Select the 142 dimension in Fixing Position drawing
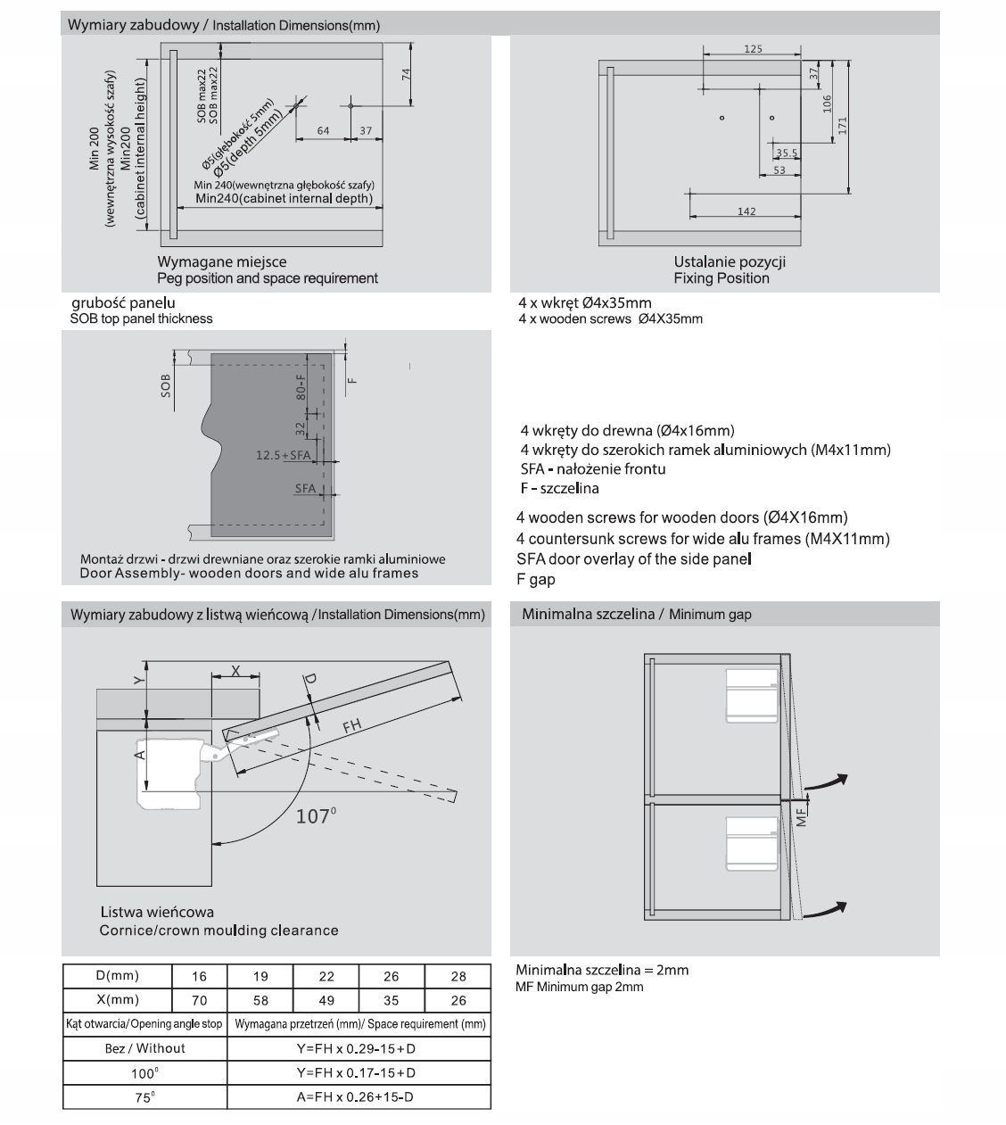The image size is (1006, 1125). coord(746,211)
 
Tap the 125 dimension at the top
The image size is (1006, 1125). coord(753,50)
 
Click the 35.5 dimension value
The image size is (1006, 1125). coord(787,153)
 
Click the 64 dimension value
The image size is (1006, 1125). coord(323,131)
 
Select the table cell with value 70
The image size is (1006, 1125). coord(199,1001)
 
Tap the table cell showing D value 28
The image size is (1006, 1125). coord(458,977)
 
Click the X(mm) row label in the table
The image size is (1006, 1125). coord(117,1000)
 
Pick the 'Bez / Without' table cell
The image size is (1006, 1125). coord(144,1048)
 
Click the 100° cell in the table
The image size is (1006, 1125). coord(144,1073)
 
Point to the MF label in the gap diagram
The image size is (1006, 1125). coord(801,815)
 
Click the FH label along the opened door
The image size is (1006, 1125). coord(352,726)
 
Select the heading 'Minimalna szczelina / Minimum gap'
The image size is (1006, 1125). coord(637,615)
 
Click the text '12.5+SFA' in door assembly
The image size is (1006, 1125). coord(283,455)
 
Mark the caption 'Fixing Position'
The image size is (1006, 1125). coord(721,278)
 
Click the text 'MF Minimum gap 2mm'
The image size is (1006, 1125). coord(579,987)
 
